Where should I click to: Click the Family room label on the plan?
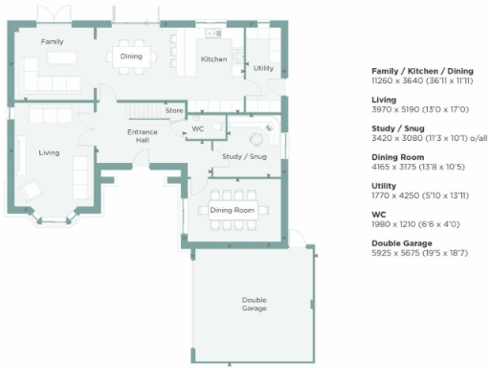pyautogui.click(x=52, y=43)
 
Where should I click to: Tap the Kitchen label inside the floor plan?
pyautogui.click(x=213, y=59)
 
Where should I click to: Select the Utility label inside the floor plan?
pyautogui.click(x=263, y=68)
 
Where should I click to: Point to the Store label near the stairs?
pyautogui.click(x=174, y=111)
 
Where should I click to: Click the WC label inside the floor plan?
pyautogui.click(x=198, y=127)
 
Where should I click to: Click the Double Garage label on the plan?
pyautogui.click(x=254, y=305)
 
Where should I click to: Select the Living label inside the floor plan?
pyautogui.click(x=49, y=152)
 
